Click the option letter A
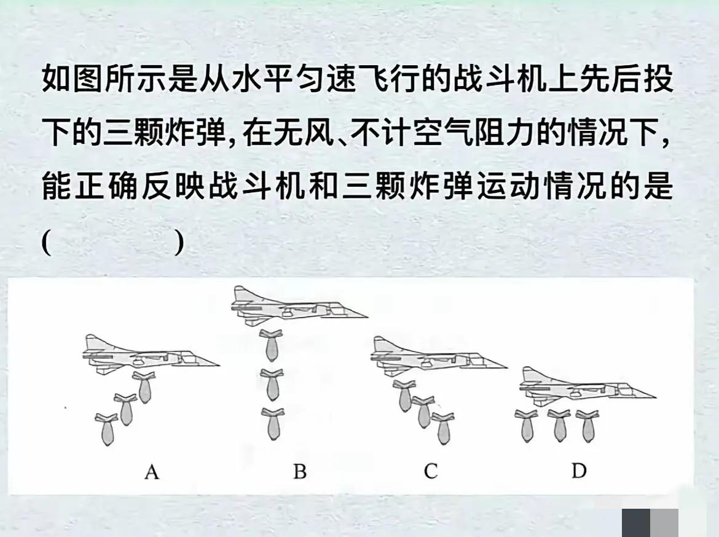pos(152,472)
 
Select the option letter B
pos(299,472)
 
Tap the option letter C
pos(430,471)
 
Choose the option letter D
pos(578,471)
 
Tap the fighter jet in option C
pos(436,356)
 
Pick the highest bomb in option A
pos(144,388)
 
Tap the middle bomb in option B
pos(272,384)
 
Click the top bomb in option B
pos(270,345)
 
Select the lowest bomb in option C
pos(443,428)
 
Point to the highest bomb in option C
pos(404,396)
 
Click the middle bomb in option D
pos(559,425)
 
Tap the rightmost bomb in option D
pos(587,425)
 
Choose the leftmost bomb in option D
pos(527,425)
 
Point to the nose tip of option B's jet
pos(366,316)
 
